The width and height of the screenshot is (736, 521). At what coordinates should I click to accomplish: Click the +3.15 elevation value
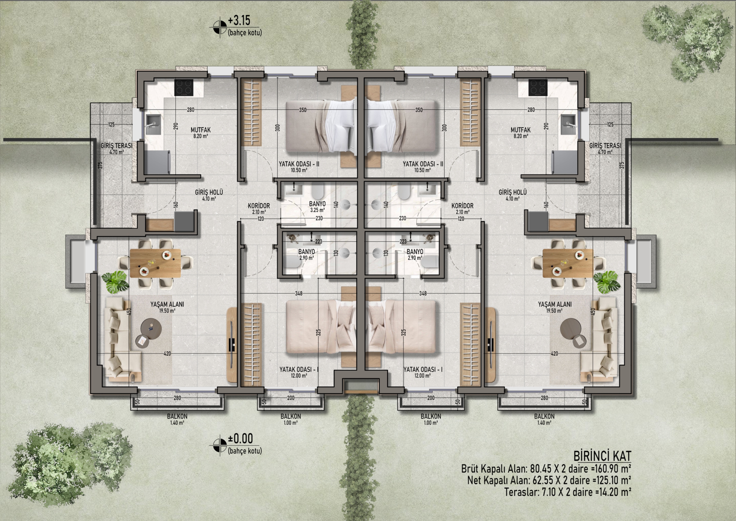coord(239,21)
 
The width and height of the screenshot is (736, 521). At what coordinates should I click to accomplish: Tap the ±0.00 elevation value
coord(240,438)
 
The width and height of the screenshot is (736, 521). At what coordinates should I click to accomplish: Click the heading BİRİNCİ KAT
coord(602,456)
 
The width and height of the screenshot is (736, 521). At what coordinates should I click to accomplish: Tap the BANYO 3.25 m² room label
coord(317,207)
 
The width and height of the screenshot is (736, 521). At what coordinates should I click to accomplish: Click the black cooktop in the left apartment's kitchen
coord(184,87)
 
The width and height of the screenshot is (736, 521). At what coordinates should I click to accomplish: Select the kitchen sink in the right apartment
coord(568,124)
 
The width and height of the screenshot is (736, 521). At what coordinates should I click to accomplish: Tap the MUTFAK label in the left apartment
coord(201,130)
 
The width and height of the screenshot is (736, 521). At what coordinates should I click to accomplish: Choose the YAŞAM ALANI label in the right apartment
coord(555,304)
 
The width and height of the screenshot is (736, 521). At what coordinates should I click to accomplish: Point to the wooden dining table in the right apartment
coord(568,263)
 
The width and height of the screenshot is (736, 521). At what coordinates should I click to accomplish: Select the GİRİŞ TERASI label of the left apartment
coord(117,146)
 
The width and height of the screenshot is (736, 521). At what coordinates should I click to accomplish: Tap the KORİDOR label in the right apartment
coord(462,206)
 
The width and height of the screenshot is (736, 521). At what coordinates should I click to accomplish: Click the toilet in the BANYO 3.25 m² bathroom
coord(318,191)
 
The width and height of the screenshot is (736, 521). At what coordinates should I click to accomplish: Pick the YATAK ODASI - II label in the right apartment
coord(423,164)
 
